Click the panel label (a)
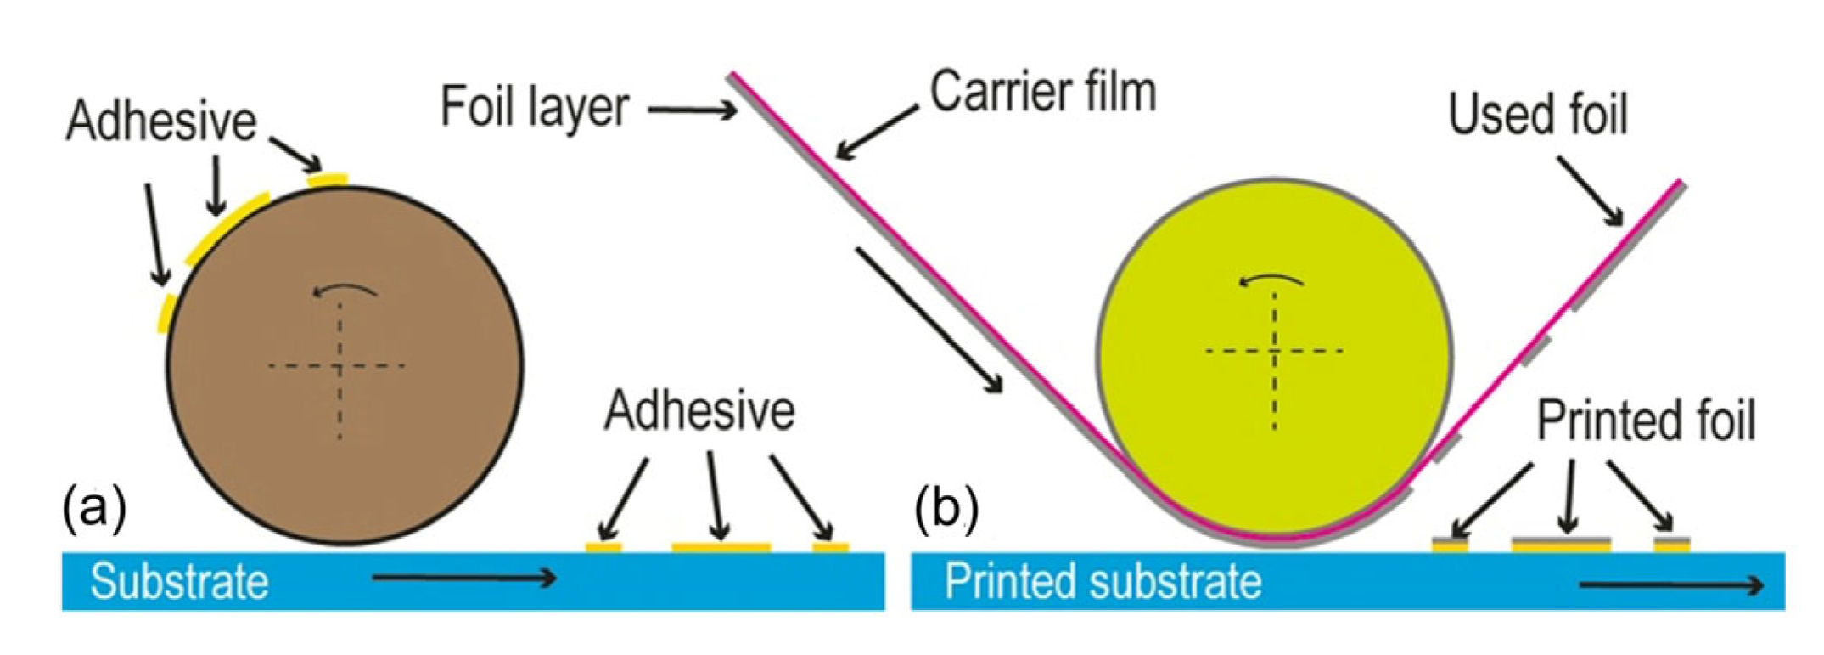point(94,509)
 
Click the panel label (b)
point(946,509)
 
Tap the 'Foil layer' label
point(535,108)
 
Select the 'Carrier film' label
point(1043,92)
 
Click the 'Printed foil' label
point(1645,421)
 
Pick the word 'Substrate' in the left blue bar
point(179,582)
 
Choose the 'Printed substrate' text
point(1103,582)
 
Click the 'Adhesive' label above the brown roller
point(161,121)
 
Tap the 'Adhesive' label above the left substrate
point(699,411)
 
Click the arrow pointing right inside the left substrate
point(463,579)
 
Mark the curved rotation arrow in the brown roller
point(345,291)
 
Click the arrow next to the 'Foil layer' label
point(692,110)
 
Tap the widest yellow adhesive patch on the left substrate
point(721,547)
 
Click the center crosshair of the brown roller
point(340,366)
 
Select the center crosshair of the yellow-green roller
point(1274,350)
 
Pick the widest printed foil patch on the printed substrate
point(1561,543)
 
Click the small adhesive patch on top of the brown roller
point(328,179)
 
